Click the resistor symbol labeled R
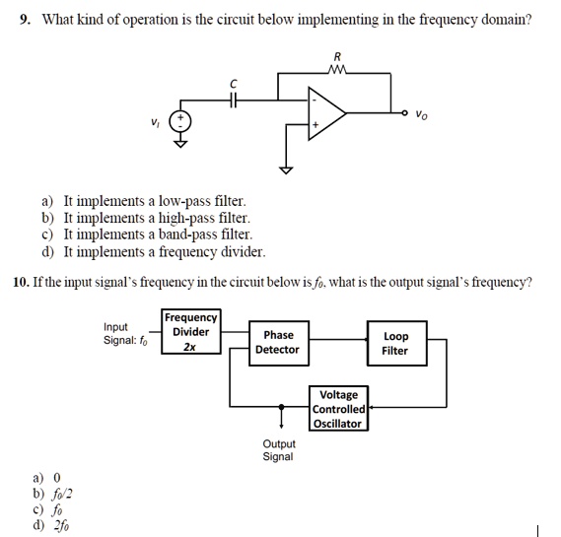337,69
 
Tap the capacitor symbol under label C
234,101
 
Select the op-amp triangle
327,113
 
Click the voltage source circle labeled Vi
180,122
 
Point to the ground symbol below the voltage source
180,144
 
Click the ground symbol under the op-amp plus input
286,170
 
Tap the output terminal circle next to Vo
404,113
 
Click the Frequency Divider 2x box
190,332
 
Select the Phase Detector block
279,343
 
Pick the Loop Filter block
396,343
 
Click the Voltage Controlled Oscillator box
338,408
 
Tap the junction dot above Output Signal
282,407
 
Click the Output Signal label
279,450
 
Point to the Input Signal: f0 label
125,334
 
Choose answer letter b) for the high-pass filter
47,218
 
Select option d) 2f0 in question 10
51,525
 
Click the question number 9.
25,20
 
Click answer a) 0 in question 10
47,478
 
